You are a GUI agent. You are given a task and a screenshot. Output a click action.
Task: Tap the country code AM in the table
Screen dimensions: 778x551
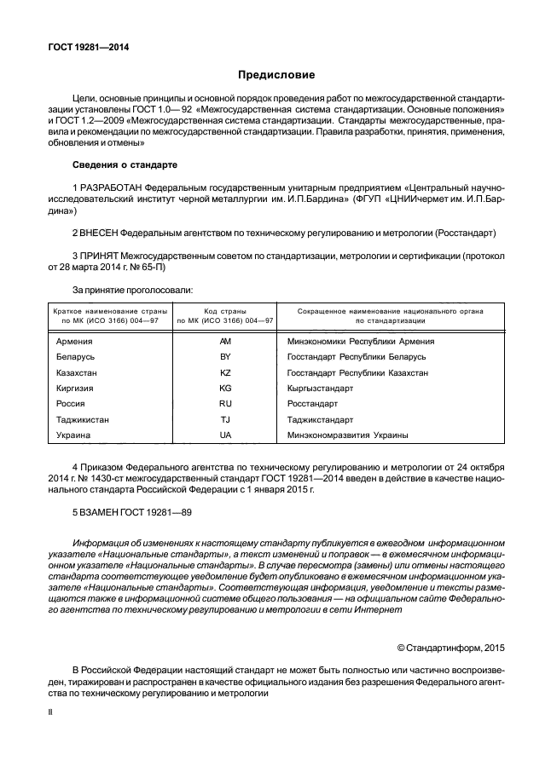pyautogui.click(x=225, y=341)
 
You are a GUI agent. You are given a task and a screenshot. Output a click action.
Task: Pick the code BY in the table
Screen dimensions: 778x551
pyautogui.click(x=225, y=356)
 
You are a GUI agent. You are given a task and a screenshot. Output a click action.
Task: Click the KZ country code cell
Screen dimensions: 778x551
pyautogui.click(x=225, y=372)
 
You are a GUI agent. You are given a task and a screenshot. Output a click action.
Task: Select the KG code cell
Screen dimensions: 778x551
pyautogui.click(x=225, y=388)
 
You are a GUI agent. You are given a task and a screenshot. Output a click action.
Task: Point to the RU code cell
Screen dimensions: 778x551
pyautogui.click(x=225, y=404)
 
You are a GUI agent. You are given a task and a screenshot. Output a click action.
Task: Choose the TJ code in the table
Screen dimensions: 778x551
pyautogui.click(x=225, y=419)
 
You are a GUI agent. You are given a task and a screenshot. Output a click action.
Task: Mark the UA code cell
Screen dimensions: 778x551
pyautogui.click(x=225, y=435)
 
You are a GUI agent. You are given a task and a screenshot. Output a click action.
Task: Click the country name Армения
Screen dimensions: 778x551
pyautogui.click(x=74, y=341)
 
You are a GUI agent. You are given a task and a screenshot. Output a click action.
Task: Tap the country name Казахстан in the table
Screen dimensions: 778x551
pyautogui.click(x=78, y=372)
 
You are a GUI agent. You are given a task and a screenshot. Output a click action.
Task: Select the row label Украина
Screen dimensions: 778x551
pyautogui.click(x=75, y=435)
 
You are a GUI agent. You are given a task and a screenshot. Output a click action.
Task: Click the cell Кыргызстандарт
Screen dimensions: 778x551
pyautogui.click(x=320, y=388)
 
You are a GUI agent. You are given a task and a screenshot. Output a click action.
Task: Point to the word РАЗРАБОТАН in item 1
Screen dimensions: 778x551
pyautogui.click(x=111, y=187)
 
